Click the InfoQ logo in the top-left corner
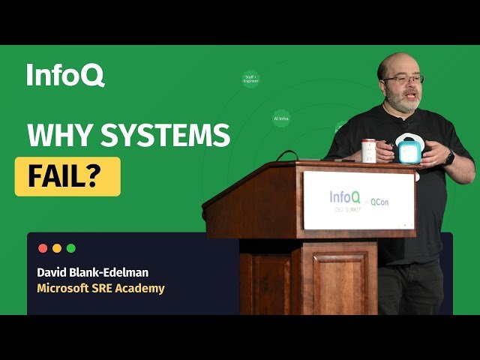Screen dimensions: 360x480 point(65,75)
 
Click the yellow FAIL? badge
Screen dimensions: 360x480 point(67,176)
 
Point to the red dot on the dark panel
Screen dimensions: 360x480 point(43,248)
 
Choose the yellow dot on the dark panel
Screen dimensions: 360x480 point(57,248)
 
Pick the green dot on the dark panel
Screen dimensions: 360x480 point(71,248)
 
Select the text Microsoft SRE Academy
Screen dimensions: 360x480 point(100,288)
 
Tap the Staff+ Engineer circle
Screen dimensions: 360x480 point(250,79)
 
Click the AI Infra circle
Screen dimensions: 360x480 point(281,118)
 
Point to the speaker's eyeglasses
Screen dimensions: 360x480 point(406,79)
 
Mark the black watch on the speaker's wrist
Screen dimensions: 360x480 point(449,158)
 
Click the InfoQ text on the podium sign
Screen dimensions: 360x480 point(346,197)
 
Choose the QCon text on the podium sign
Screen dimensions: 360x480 point(381,202)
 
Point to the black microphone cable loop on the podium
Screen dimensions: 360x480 point(286,156)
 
